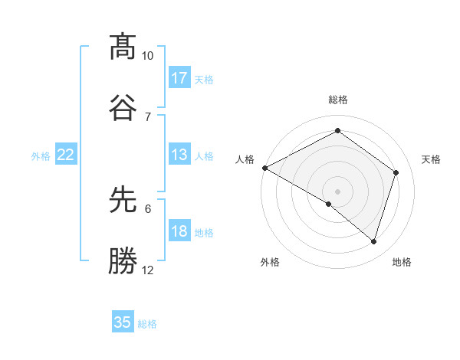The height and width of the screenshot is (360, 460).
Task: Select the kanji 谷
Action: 123,106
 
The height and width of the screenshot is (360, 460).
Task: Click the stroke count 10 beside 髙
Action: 147,56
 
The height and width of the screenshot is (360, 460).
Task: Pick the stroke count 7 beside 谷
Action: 147,116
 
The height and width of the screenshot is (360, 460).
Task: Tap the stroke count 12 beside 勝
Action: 147,270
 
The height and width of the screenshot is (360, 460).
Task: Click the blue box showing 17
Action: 179,78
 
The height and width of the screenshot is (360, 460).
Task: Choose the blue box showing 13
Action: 179,155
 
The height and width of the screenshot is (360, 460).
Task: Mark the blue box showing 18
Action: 179,232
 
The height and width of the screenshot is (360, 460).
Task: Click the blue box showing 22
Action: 65,155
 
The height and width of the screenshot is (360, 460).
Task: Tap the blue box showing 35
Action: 123,322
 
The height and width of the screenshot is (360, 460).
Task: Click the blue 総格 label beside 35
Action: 147,324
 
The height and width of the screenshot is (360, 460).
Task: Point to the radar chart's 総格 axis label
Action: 337,100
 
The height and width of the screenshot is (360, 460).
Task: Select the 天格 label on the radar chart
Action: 432,159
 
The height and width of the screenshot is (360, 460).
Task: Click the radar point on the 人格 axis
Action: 264,168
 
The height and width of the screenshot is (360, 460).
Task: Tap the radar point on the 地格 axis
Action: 373,241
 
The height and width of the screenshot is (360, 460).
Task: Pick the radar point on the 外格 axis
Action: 329,204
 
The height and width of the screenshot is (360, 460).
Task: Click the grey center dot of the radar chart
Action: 337,191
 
